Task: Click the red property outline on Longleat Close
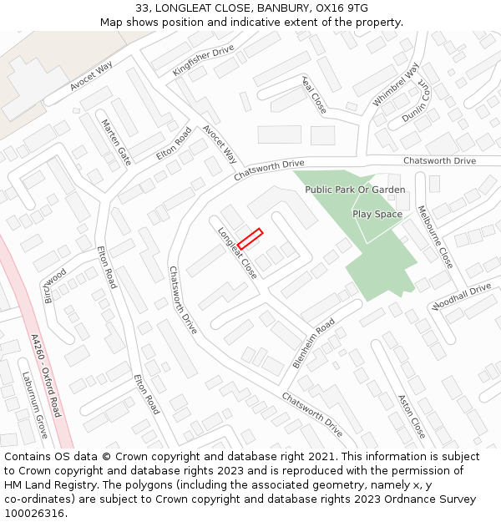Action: (250, 239)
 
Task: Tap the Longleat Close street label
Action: (237, 252)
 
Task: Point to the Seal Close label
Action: (314, 94)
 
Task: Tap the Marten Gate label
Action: (116, 142)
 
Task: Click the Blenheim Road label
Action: (314, 342)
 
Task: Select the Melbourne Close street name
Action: (435, 236)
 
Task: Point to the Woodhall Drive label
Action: (461, 296)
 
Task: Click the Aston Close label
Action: (412, 416)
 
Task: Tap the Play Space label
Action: (377, 214)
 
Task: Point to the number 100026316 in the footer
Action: (34, 513)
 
